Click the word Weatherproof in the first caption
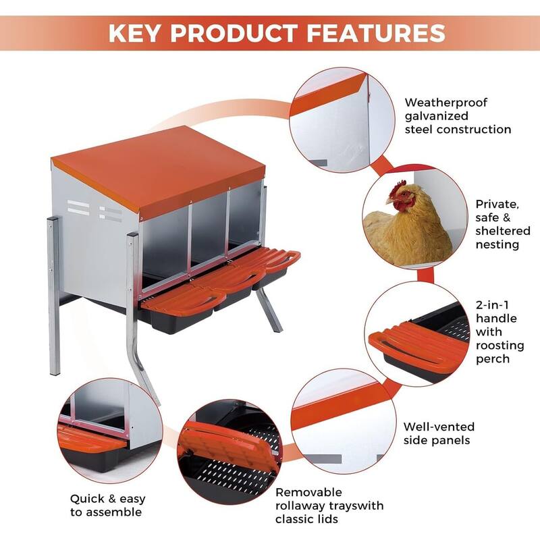tap(446, 103)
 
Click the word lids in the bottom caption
tap(325, 519)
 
